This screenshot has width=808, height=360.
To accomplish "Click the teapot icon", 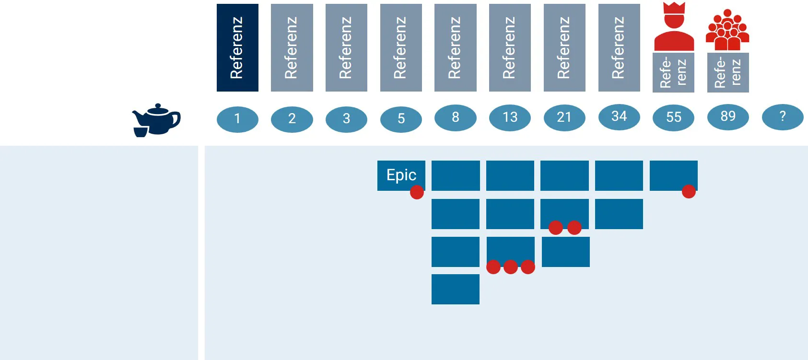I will pyautogui.click(x=157, y=119).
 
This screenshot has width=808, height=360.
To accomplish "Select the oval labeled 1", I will pyautogui.click(x=237, y=119).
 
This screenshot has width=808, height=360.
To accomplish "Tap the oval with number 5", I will pyautogui.click(x=401, y=119).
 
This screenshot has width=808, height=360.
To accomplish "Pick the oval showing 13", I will pyautogui.click(x=510, y=117).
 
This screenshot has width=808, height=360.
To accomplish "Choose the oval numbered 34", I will pyautogui.click(x=619, y=116).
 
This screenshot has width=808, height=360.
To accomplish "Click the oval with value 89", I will pyautogui.click(x=728, y=116).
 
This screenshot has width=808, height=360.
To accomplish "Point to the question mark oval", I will pyautogui.click(x=783, y=116).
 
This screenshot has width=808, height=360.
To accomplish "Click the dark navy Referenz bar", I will pyautogui.click(x=237, y=47).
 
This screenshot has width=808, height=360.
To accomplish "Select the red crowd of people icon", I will pyautogui.click(x=727, y=30).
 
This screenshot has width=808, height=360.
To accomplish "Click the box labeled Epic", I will pyautogui.click(x=401, y=175).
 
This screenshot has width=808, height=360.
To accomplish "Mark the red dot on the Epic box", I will pyautogui.click(x=417, y=192).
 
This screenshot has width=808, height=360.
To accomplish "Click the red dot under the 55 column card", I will pyautogui.click(x=689, y=191).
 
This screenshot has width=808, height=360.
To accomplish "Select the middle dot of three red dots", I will pyautogui.click(x=511, y=267).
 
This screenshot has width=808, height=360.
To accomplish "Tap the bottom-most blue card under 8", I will pyautogui.click(x=456, y=289).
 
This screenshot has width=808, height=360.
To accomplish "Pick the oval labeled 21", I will pyautogui.click(x=564, y=118).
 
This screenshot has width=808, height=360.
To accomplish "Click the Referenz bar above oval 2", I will pyautogui.click(x=292, y=47).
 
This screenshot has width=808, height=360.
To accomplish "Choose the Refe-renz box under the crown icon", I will pyautogui.click(x=673, y=72).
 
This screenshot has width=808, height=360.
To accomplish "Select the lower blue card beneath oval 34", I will pyautogui.click(x=619, y=214).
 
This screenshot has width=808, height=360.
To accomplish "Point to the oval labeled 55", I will pyautogui.click(x=673, y=118).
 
